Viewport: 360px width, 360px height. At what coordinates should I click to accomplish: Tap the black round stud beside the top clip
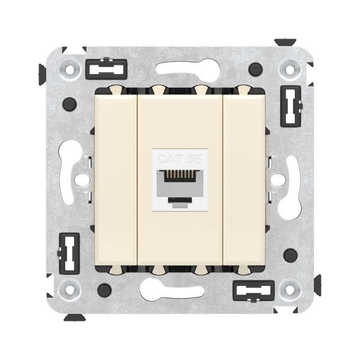pos(257,67)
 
